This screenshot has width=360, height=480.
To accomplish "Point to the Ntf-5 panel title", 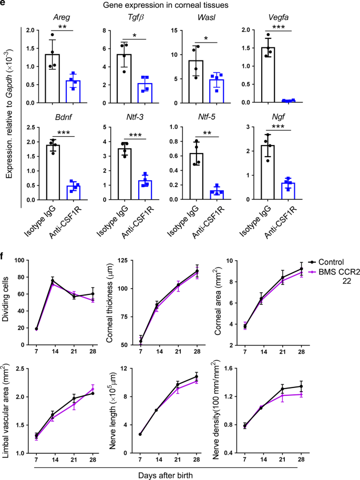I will tap(211, 119).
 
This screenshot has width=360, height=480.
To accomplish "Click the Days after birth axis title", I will tap(180, 474).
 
